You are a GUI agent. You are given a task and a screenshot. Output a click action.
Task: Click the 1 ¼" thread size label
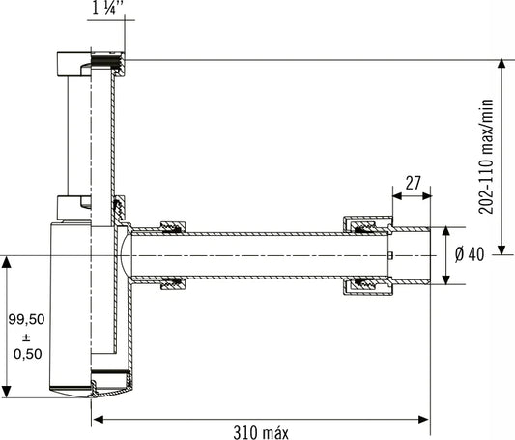[108, 7]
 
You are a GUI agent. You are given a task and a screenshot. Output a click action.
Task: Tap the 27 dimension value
[413, 183]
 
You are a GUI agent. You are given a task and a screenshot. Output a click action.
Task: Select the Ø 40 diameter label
[470, 254]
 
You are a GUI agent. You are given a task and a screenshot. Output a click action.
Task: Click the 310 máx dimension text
[261, 432]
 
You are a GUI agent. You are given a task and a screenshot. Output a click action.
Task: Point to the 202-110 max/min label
[486, 157]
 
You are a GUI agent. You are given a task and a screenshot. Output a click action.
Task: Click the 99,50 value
[26, 319]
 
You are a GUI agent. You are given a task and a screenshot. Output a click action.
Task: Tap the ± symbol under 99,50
[26, 337]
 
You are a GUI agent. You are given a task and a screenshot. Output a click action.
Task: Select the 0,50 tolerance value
[28, 354]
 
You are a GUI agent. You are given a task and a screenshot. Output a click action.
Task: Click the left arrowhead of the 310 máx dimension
[99, 420]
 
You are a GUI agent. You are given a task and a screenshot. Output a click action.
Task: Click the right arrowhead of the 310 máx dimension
[423, 420]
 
